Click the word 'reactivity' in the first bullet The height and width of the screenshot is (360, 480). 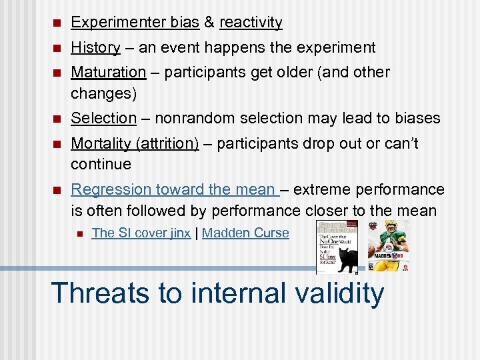(251, 23)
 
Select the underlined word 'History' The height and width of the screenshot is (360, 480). (95, 48)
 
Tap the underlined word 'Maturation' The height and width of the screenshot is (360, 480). (108, 72)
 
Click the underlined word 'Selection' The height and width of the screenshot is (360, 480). (103, 119)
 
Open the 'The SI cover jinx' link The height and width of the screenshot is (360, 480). (141, 233)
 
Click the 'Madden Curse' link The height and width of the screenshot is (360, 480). (245, 233)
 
